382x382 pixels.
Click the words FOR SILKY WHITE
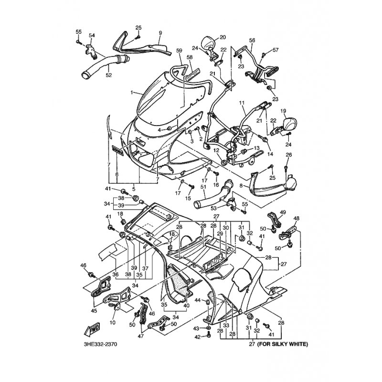click(282, 343)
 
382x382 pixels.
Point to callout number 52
click(108, 74)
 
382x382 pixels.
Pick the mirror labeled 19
click(291, 125)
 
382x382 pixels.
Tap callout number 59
click(179, 50)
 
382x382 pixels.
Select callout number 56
click(252, 41)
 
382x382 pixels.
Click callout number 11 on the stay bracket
click(241, 103)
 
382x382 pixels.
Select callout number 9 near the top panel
click(160, 32)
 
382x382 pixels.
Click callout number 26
click(288, 155)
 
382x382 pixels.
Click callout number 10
click(113, 322)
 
